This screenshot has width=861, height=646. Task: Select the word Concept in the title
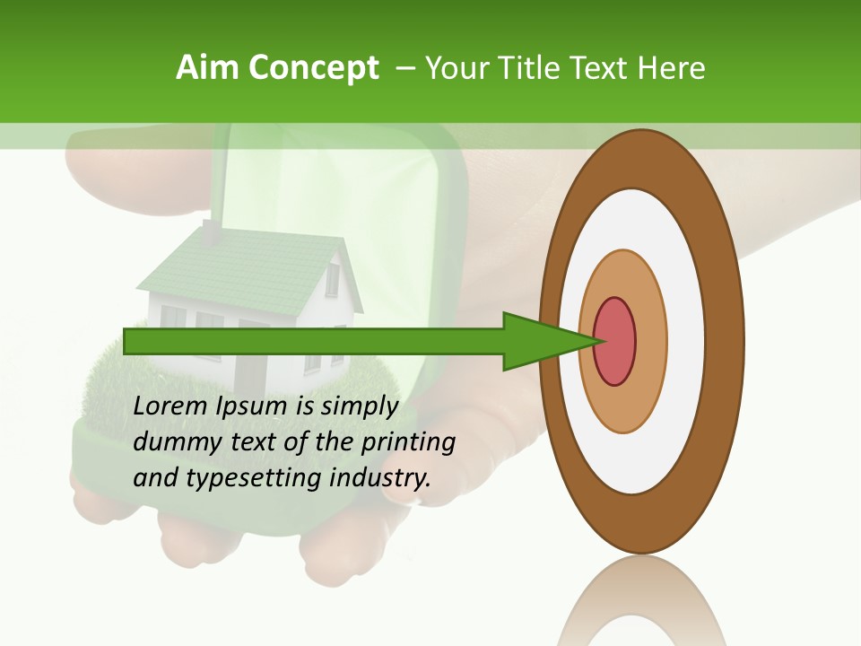click(x=313, y=68)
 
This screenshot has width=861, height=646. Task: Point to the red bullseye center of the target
click(x=615, y=341)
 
